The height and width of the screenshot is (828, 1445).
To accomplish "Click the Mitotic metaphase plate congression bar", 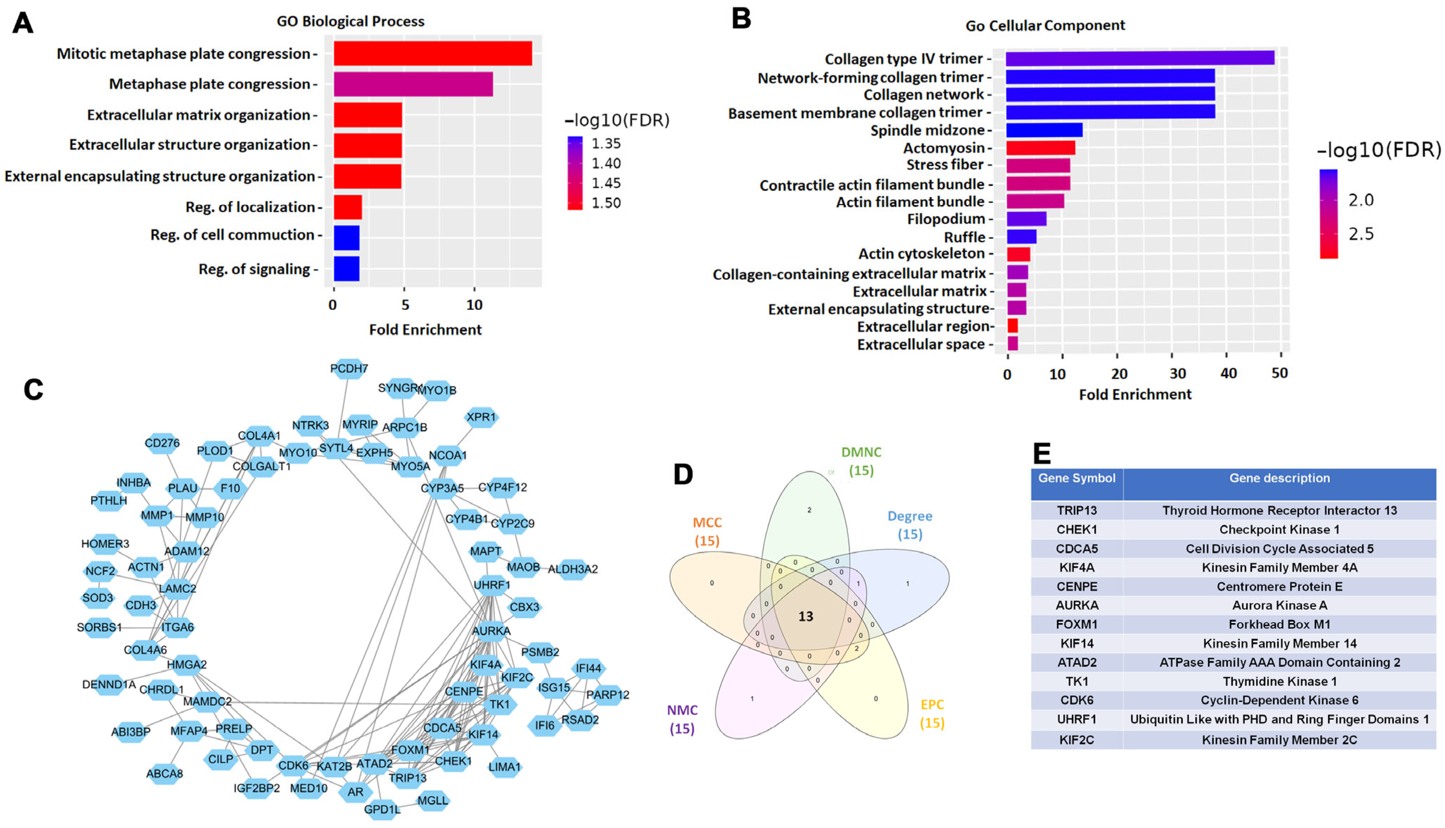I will tap(432, 53).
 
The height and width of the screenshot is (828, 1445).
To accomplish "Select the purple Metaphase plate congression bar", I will tap(413, 84).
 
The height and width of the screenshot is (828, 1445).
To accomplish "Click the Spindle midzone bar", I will tap(1044, 130).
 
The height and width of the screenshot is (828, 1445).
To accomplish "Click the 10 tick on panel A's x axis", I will tap(474, 306).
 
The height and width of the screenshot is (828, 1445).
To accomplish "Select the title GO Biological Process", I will tap(351, 22).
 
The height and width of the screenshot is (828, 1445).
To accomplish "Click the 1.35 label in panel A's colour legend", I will tap(606, 144).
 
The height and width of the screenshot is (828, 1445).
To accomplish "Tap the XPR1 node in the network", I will tap(481, 418).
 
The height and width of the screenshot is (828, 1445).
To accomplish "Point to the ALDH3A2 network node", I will tap(573, 569).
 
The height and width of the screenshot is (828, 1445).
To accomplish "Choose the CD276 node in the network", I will tap(162, 443).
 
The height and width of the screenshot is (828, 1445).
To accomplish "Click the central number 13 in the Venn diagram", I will tap(806, 616).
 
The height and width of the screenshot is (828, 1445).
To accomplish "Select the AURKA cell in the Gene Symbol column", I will tap(1077, 605).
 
